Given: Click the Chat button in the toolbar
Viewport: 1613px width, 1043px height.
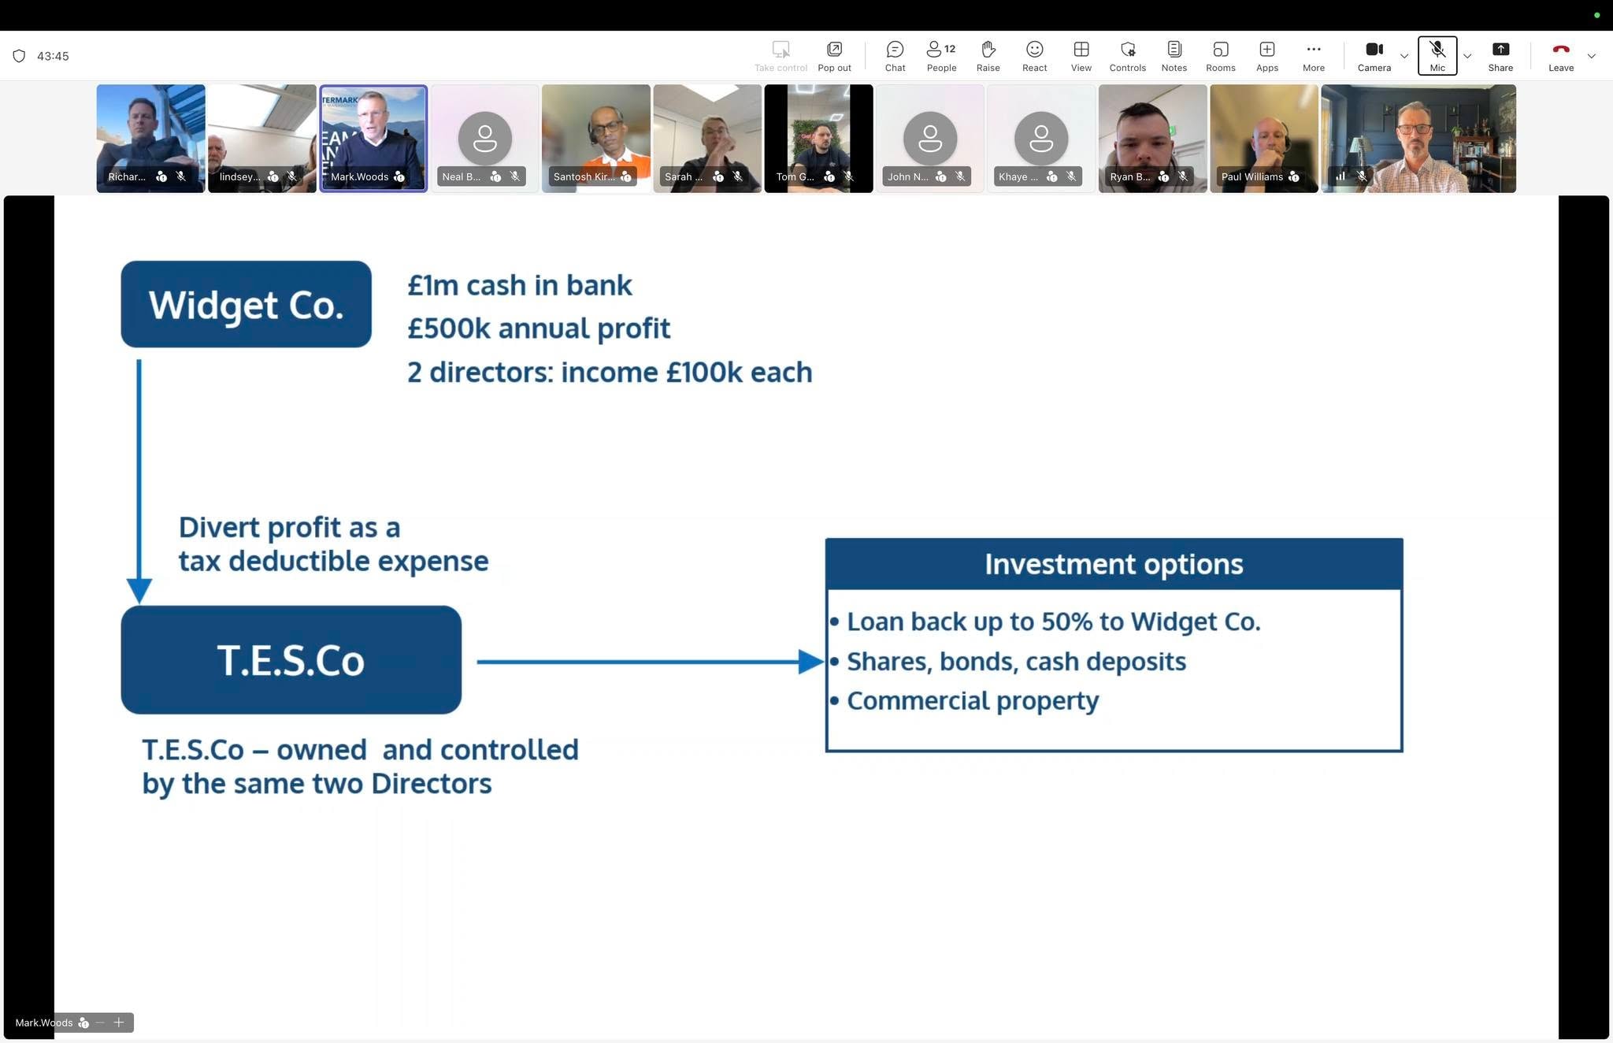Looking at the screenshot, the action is pyautogui.click(x=895, y=56).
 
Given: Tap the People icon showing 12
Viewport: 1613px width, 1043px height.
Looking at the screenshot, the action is pyautogui.click(x=941, y=56).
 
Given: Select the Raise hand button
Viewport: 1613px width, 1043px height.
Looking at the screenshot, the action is pyautogui.click(x=988, y=56).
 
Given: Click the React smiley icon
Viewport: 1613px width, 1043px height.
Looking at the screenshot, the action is pyautogui.click(x=1034, y=56).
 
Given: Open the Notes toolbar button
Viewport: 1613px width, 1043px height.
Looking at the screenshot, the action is pyautogui.click(x=1174, y=56).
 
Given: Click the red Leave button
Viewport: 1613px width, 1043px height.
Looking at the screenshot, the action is pyautogui.click(x=1560, y=56).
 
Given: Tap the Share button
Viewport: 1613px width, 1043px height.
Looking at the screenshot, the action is pyautogui.click(x=1500, y=56).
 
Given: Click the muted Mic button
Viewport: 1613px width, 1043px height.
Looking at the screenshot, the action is pyautogui.click(x=1437, y=56).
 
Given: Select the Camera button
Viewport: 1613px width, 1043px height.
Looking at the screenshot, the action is pyautogui.click(x=1374, y=56).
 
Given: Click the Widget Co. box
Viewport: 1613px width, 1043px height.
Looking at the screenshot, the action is pyautogui.click(x=246, y=304).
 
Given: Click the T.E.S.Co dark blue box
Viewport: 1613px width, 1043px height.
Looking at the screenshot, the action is pyautogui.click(x=291, y=659).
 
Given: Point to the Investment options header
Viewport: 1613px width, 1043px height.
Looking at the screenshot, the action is pyautogui.click(x=1114, y=564).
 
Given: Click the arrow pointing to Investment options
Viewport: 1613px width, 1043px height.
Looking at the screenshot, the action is pyautogui.click(x=650, y=662).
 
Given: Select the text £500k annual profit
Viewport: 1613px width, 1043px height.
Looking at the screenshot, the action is pyautogui.click(x=539, y=328).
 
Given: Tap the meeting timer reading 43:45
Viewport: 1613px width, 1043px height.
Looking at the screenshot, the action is pyautogui.click(x=53, y=56).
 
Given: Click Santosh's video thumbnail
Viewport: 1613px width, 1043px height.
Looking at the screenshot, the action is pyautogui.click(x=595, y=139).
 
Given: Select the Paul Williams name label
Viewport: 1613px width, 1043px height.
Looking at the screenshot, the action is pyautogui.click(x=1251, y=176).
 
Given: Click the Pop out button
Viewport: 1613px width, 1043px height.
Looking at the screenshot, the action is pyautogui.click(x=834, y=56).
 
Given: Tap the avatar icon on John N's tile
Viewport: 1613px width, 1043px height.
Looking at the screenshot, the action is pyautogui.click(x=930, y=139).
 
